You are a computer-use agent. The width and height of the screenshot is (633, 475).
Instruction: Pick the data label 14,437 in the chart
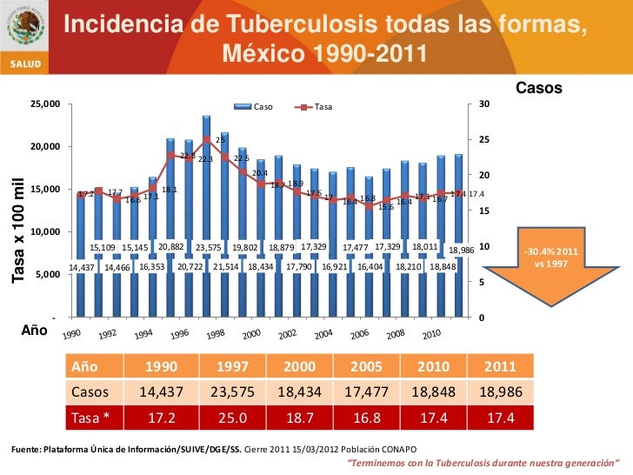pyautogui.click(x=83, y=267)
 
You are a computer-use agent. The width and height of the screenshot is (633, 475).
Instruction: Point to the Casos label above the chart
pyautogui.click(x=539, y=89)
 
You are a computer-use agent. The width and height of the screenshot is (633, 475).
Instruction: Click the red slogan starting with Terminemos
pyautogui.click(x=483, y=463)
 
